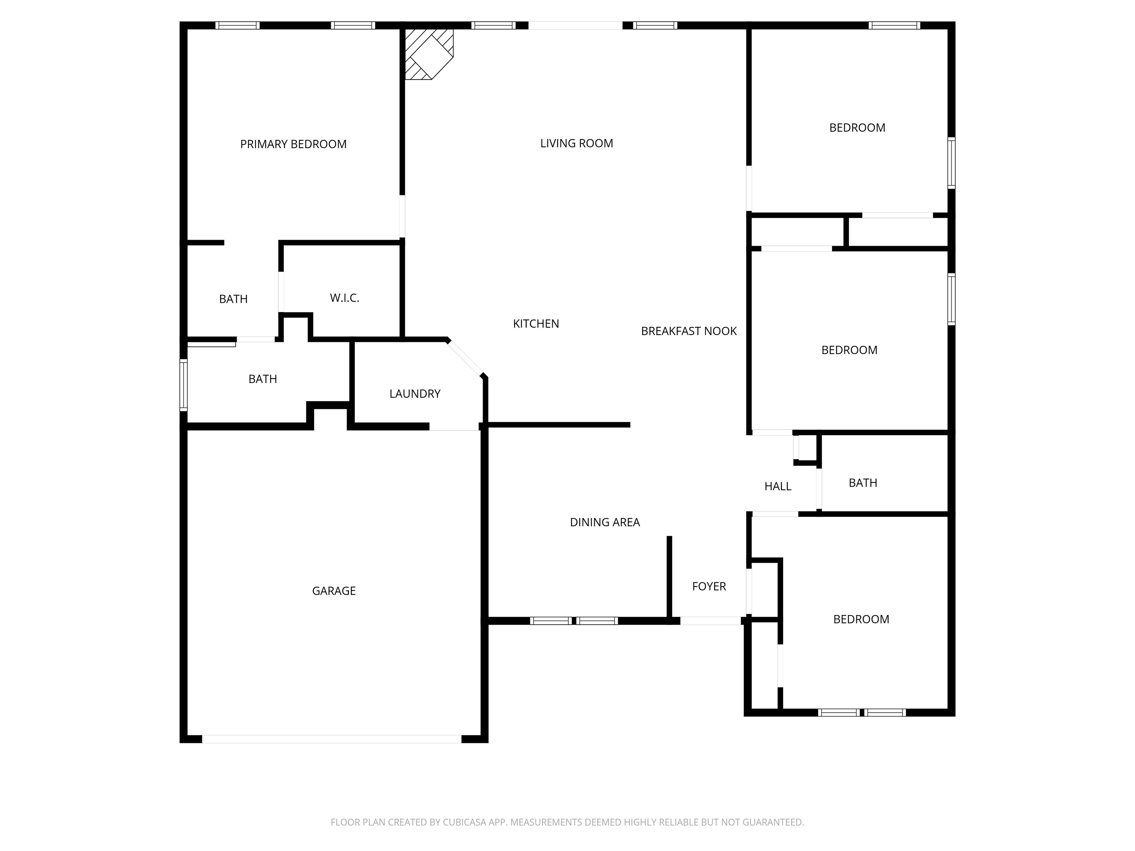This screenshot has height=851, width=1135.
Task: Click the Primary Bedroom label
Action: coord(293,144)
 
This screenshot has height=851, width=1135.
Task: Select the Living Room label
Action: coord(576,143)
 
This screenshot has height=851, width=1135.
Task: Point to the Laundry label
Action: coord(415,393)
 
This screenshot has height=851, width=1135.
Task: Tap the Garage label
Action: coord(334,590)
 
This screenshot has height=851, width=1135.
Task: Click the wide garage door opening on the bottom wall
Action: coord(331,739)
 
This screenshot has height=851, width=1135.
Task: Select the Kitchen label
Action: coord(536,324)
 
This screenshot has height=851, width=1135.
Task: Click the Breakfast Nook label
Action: coord(689,331)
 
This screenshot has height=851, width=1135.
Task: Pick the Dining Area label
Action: coord(604,522)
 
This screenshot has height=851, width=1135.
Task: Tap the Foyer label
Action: coord(709,586)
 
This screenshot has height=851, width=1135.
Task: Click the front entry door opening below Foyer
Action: coord(710,621)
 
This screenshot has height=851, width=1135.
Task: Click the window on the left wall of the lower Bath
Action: coord(183,385)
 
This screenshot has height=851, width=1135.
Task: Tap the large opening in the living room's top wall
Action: coord(575,25)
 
